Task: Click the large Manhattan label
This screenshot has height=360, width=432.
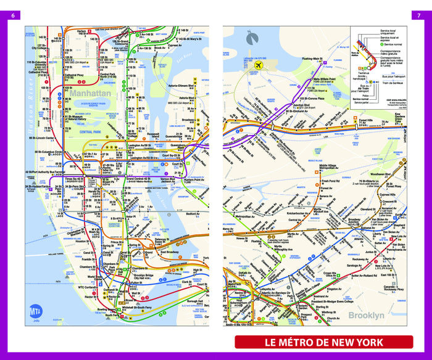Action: click(90, 93)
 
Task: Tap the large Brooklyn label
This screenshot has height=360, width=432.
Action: click(367, 315)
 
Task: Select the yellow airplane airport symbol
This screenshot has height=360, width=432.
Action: click(259, 65)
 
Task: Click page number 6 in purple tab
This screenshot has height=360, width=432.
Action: click(12, 15)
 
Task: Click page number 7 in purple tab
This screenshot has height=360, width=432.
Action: click(420, 15)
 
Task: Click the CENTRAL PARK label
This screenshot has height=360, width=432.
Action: click(91, 131)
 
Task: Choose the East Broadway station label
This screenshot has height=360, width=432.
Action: click(170, 252)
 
